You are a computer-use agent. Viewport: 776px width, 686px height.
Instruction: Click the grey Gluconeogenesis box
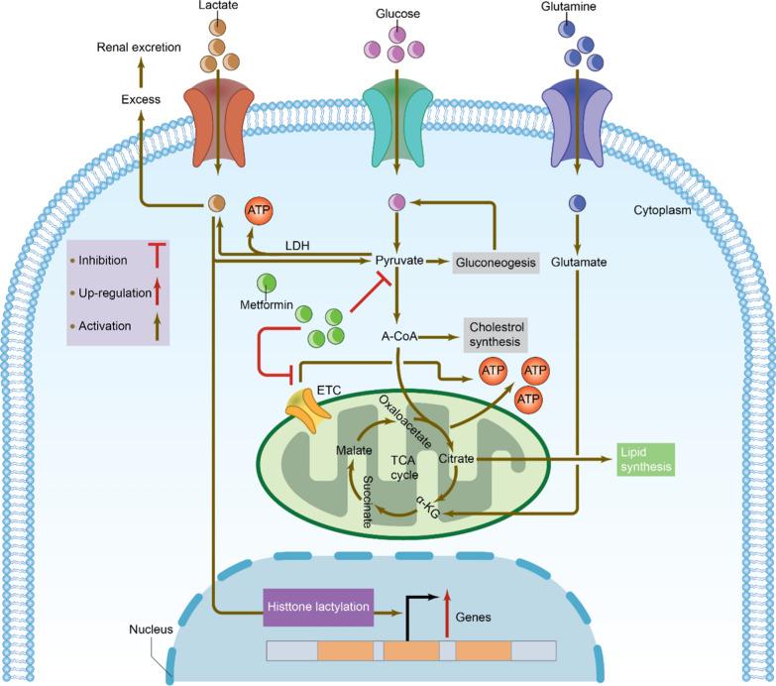pos(496,262)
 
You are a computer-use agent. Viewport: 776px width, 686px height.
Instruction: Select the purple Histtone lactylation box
pos(318,606)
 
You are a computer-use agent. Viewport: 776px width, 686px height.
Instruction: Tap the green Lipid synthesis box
pos(645,459)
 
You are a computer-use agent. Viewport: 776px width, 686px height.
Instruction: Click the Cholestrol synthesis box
pos(495,335)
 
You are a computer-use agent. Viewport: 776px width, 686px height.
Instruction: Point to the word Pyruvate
pos(399,261)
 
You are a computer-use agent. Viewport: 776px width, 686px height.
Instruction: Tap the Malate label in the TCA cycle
pos(354,449)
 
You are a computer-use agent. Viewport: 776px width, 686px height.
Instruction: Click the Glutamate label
pos(578,263)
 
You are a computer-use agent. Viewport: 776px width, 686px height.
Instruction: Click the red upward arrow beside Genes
pos(447,607)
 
